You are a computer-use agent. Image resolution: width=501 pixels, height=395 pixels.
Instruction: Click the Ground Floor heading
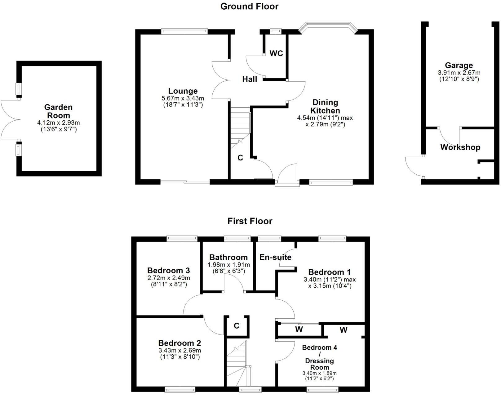coord(249,6)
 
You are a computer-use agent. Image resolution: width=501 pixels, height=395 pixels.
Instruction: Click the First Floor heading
coord(250,221)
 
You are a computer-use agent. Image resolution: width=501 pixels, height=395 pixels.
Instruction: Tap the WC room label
coord(276,53)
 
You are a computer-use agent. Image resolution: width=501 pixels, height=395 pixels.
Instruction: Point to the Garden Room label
coord(58,111)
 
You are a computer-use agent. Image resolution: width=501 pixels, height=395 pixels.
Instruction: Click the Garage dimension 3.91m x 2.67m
coord(459,73)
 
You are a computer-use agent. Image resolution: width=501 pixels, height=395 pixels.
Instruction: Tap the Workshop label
coord(460,147)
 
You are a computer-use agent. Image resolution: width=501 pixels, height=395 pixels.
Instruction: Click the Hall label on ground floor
coord(250,79)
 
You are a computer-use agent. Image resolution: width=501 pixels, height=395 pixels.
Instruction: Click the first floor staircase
coord(237,363)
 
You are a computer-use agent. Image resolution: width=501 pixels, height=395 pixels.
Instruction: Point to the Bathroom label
coord(228,257)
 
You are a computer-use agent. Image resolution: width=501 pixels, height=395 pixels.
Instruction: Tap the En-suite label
coord(275,257)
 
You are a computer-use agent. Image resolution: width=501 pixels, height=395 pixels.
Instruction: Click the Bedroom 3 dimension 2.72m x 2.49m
coord(169,278)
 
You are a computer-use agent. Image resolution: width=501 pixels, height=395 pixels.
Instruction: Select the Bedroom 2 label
coord(180,343)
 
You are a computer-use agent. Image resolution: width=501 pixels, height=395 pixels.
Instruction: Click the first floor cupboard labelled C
coord(237,326)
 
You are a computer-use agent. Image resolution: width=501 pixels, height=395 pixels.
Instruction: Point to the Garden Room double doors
coord(9,120)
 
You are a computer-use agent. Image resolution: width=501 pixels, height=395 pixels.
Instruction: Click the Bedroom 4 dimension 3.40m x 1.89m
coord(319,373)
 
